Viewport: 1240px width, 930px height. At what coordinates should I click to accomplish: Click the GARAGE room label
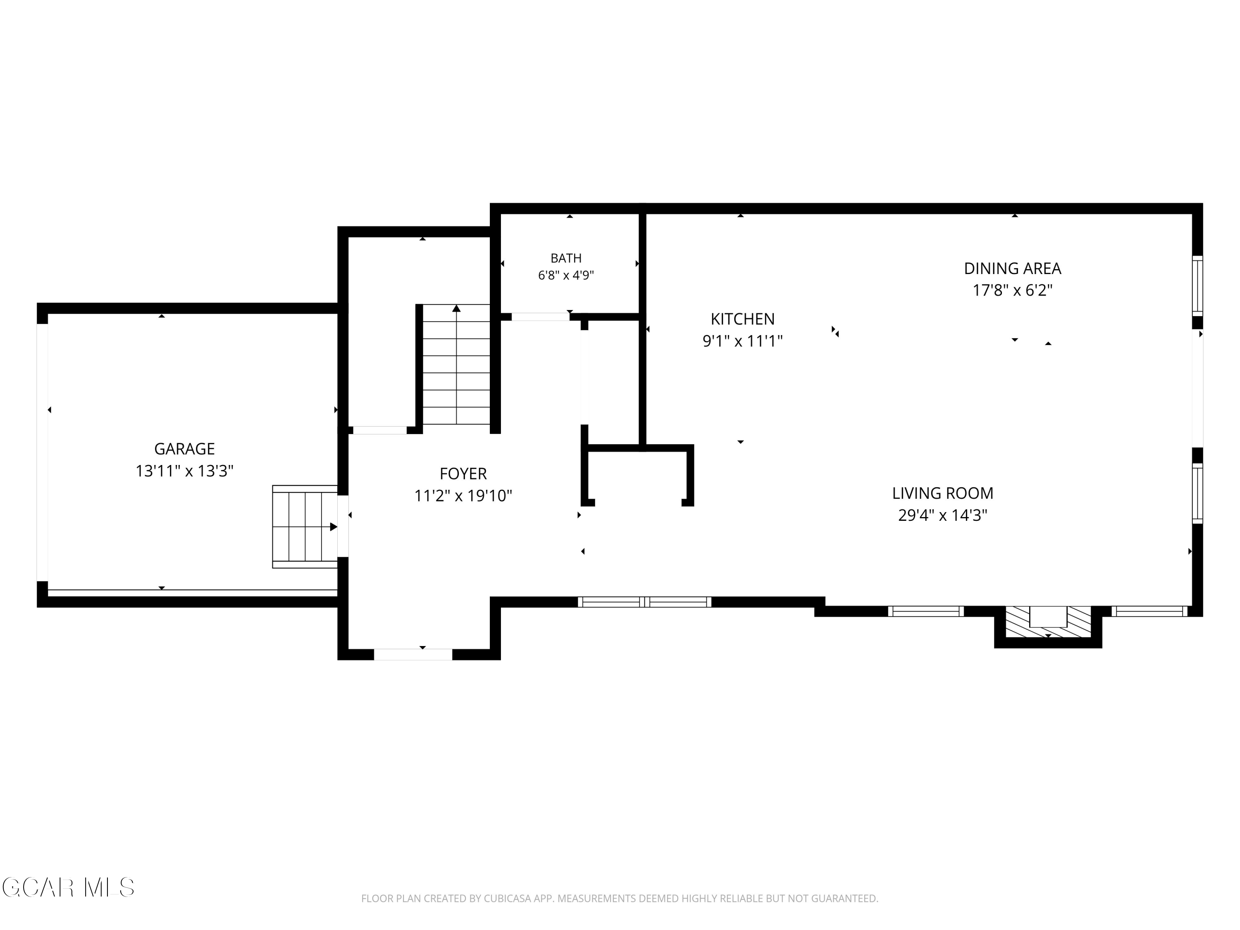[x=184, y=449]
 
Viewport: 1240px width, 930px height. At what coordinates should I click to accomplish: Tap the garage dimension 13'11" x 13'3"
[x=184, y=471]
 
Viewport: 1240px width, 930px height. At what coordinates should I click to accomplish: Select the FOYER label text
[x=463, y=474]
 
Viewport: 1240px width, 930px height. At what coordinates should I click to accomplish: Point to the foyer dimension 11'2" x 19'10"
[x=463, y=496]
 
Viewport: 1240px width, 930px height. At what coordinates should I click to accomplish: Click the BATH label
[x=566, y=258]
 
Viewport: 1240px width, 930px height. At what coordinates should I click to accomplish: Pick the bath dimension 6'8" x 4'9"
[x=566, y=275]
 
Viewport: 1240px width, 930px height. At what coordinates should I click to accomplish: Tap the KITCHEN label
[x=743, y=319]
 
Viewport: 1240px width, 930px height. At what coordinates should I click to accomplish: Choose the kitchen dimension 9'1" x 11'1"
[x=743, y=341]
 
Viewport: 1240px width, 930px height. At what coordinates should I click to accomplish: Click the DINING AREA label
[x=1012, y=269]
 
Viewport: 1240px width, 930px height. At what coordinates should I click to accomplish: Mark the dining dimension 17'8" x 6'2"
[x=1012, y=291]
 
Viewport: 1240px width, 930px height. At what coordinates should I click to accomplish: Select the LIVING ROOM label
[x=943, y=493]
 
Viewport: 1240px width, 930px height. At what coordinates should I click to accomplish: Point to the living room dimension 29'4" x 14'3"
[x=943, y=515]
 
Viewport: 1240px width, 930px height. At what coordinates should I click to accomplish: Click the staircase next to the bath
[x=456, y=365]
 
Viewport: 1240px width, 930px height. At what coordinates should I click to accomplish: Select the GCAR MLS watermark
[x=68, y=887]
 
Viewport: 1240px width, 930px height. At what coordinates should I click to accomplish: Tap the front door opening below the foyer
[x=413, y=654]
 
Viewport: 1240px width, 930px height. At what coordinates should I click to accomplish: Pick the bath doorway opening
[x=540, y=317]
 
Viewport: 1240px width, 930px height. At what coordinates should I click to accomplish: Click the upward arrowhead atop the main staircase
[x=456, y=308]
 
